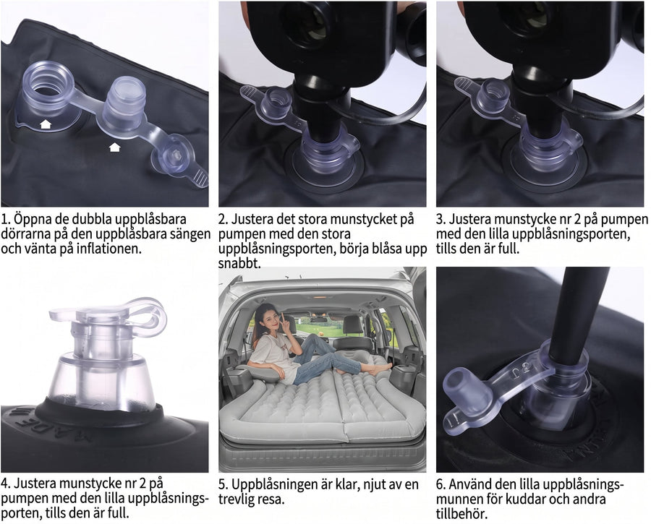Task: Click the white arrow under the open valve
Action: [x=46, y=124]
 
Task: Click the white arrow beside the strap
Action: [x=114, y=147]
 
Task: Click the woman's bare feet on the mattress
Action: [x=380, y=368]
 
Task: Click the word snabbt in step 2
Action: [x=239, y=264]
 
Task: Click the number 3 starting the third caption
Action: [x=440, y=220]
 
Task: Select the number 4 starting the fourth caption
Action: [x=5, y=484]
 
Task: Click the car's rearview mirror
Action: [x=318, y=320]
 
